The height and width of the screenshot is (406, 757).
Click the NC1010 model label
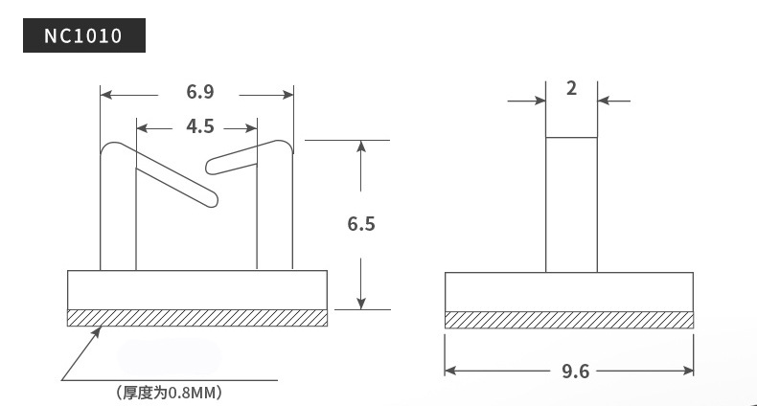point(83,35)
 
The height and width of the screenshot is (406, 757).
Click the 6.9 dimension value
point(200,92)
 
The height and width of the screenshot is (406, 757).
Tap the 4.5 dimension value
point(200,126)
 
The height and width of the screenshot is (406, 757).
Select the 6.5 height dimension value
point(361,224)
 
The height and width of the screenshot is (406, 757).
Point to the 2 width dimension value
point(571,88)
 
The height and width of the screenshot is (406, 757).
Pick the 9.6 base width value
point(576,372)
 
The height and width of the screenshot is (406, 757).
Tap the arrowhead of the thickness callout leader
point(97,331)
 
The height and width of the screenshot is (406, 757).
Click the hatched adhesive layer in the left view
point(197,318)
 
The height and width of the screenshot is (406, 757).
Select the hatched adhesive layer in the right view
point(569,320)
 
